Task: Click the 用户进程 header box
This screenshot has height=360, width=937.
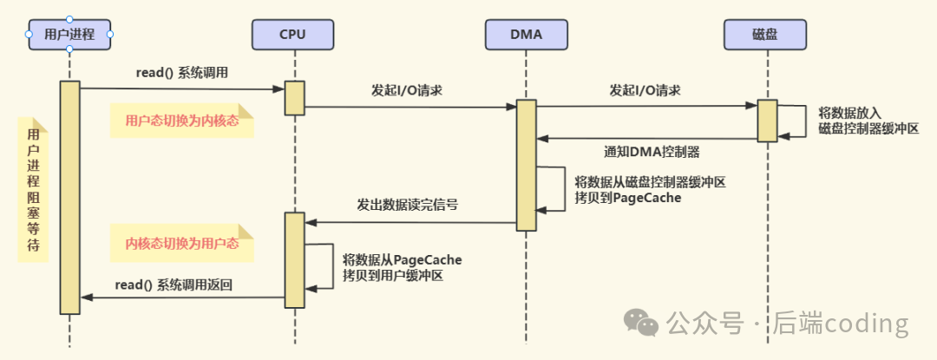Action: click(x=69, y=35)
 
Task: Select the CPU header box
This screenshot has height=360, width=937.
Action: click(x=293, y=35)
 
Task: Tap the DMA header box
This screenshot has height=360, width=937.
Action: click(x=526, y=35)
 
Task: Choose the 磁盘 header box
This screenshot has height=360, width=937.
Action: click(x=766, y=35)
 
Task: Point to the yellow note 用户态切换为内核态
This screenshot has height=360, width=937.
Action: click(x=181, y=121)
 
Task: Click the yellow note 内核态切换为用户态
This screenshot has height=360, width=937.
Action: click(x=181, y=243)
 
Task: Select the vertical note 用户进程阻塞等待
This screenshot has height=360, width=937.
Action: click(x=33, y=190)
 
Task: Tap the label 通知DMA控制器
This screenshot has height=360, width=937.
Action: click(x=652, y=151)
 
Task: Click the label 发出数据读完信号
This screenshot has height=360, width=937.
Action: click(x=407, y=206)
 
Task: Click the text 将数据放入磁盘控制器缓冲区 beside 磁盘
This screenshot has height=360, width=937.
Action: click(x=868, y=120)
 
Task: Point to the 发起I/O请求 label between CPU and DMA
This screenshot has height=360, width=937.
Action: click(x=407, y=90)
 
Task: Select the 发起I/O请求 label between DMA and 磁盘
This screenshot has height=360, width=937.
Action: click(x=645, y=90)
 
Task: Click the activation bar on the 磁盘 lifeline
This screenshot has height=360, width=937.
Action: click(x=767, y=120)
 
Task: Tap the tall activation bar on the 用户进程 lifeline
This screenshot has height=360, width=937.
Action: click(x=69, y=197)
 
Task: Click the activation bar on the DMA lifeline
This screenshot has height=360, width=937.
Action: click(x=527, y=165)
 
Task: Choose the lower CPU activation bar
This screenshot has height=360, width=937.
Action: click(x=295, y=259)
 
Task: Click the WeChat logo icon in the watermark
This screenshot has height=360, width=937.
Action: click(x=647, y=323)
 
